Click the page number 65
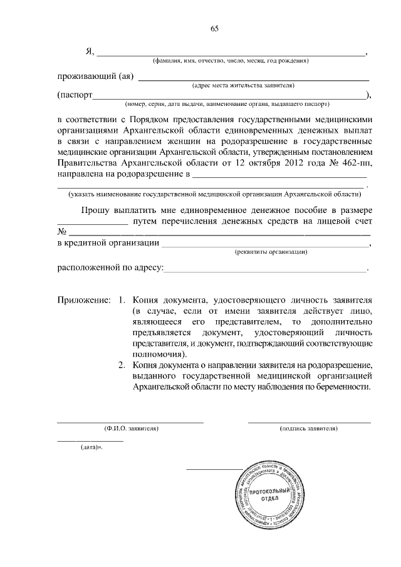point(214,28)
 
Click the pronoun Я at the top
point(89,52)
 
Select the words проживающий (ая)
point(95,77)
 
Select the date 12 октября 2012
point(270,164)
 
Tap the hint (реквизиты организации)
point(270,252)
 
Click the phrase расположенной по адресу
point(110,269)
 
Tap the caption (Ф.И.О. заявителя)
point(131,429)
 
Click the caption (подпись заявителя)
point(308,429)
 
